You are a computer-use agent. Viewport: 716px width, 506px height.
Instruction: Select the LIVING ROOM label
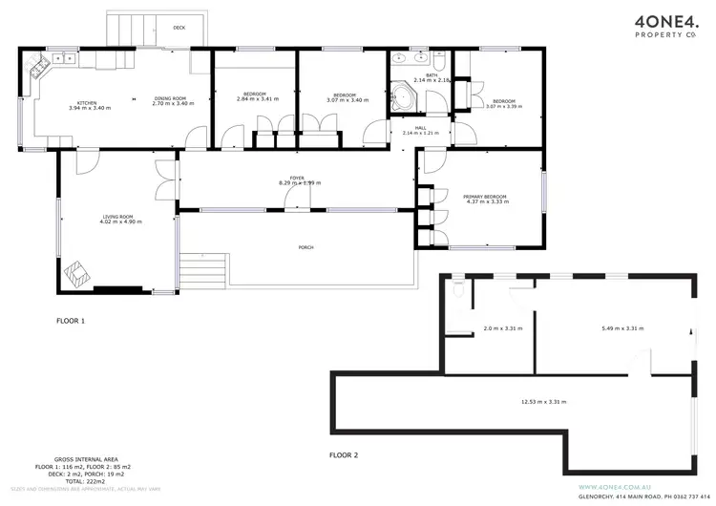(121, 219)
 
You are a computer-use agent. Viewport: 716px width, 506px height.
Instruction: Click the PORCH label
(305, 247)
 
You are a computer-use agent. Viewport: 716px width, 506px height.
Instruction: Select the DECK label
(179, 28)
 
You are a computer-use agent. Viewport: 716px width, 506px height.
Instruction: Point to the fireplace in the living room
(76, 275)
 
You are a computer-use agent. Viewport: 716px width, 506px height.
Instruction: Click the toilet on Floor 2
(459, 294)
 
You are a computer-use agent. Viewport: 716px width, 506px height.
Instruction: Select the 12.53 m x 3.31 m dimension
(543, 402)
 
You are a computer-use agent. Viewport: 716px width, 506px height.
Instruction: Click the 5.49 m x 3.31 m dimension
(621, 328)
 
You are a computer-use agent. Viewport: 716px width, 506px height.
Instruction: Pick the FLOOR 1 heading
(71, 322)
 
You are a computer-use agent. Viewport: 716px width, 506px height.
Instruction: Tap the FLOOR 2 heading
(343, 454)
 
